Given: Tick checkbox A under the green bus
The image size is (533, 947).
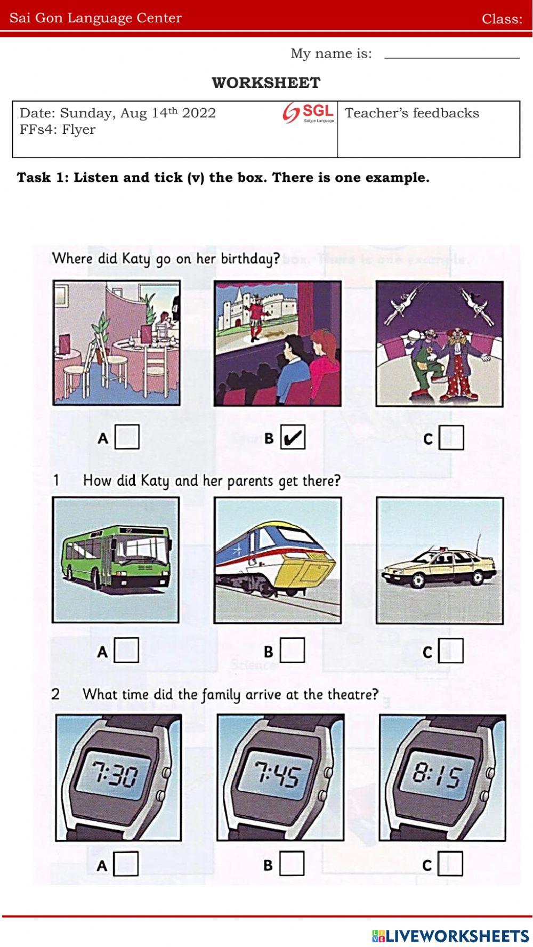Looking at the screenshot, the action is coord(126,650).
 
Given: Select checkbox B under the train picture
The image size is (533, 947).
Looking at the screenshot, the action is coord(292,650).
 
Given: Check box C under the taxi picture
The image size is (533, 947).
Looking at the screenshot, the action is coord(451,651).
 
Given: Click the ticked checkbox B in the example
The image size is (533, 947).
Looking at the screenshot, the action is coord(293,437).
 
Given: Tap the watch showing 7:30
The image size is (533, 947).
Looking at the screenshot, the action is coord(118,777).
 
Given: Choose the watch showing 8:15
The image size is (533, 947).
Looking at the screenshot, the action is coord(442,777).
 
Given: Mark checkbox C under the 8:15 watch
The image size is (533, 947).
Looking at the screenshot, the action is coord(450,864).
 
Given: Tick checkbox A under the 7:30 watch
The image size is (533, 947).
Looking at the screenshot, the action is coord(126,864).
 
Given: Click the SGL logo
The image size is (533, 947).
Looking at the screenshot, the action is coord(309,113).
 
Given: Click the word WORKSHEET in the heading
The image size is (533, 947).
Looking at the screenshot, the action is coord(266,83).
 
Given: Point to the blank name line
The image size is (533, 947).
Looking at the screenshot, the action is coord(452,58).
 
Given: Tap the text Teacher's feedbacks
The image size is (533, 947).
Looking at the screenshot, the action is coord(412,113).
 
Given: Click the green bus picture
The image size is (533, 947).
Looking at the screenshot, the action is coord(116,560).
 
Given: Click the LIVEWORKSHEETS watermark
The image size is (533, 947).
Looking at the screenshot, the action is coord(450,936).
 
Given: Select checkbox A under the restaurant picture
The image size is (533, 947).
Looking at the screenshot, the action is coord(127,437).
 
